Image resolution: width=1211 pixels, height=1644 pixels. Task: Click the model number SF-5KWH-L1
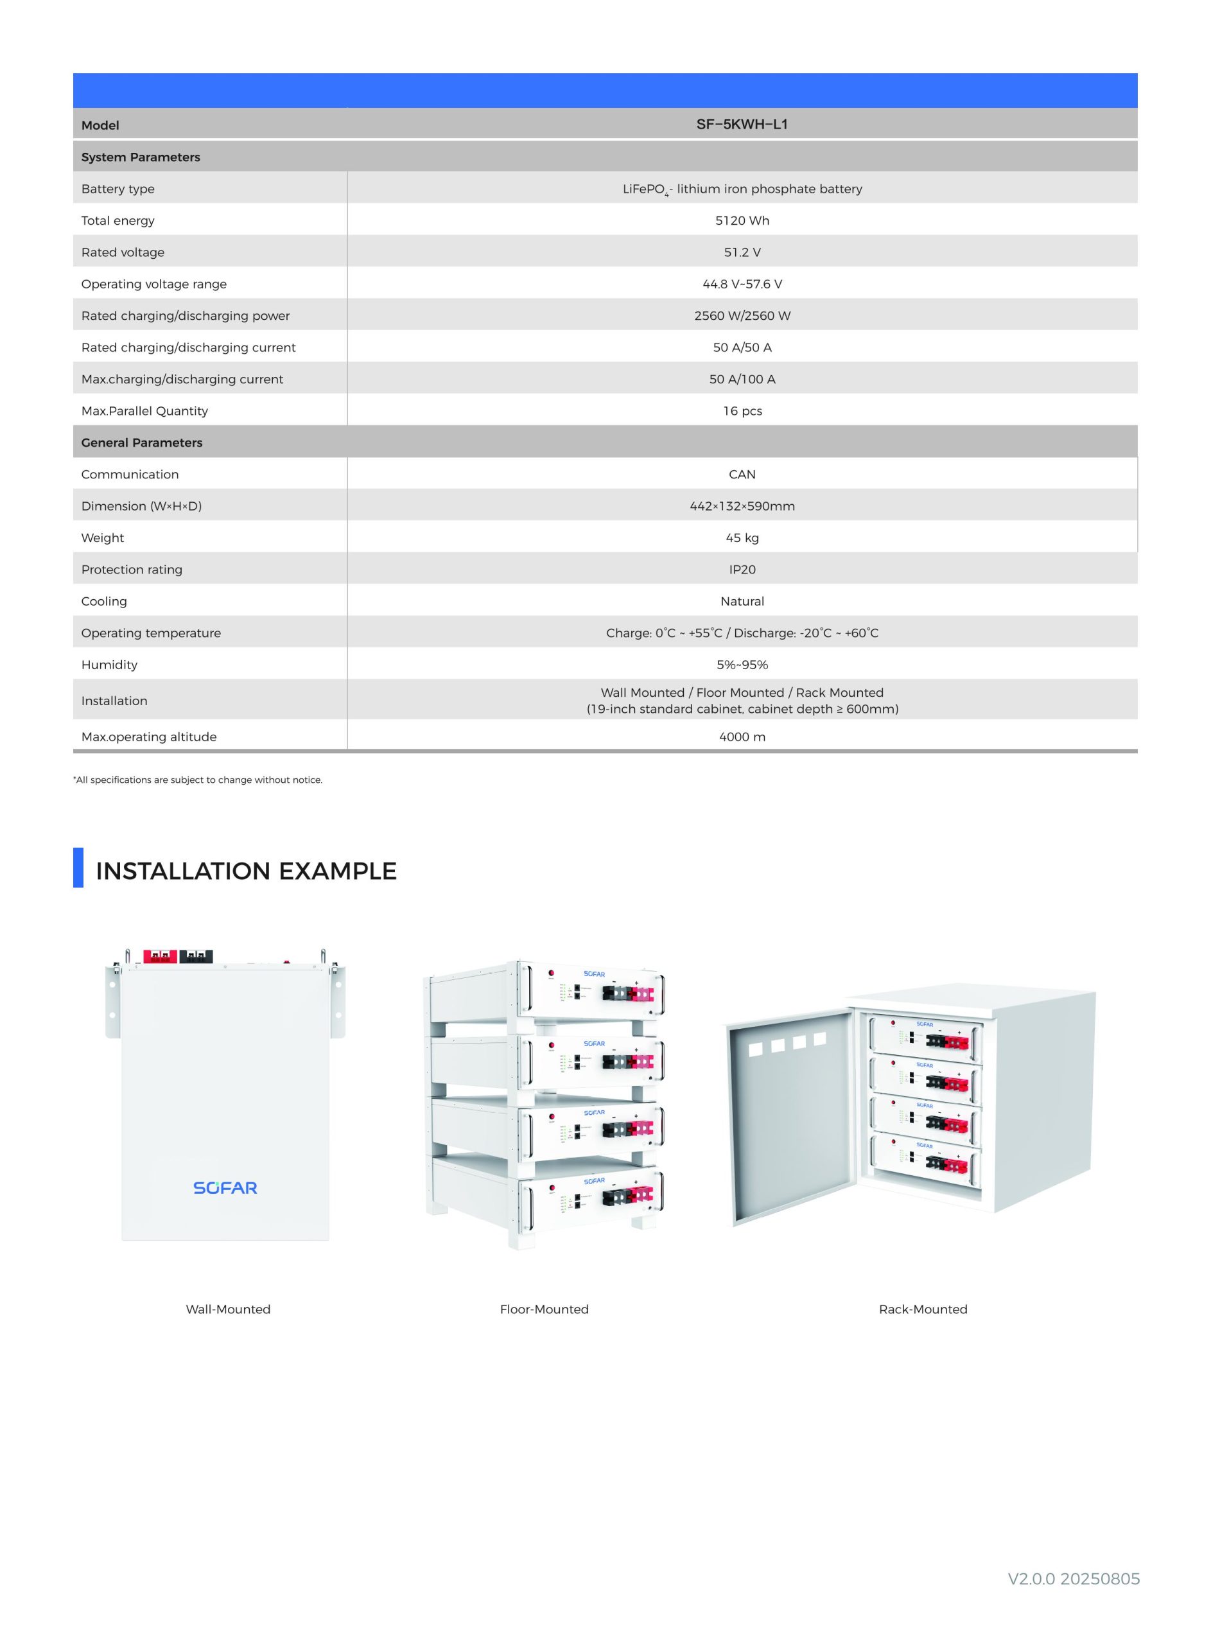(742, 125)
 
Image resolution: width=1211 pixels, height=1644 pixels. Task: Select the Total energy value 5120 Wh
(742, 221)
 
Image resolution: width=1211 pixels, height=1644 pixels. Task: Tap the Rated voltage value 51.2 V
(742, 252)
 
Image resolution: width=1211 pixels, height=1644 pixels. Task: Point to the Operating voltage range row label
(154, 284)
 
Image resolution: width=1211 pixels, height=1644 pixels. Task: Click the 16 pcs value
(742, 411)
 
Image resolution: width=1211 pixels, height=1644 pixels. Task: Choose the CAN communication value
(742, 474)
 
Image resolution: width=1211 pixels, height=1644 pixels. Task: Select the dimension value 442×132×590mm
(742, 507)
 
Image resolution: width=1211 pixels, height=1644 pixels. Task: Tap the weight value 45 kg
(742, 538)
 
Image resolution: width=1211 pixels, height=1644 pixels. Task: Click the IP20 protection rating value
(742, 570)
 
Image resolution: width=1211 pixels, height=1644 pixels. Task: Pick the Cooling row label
(104, 602)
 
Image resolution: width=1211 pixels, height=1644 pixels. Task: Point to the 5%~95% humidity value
(742, 665)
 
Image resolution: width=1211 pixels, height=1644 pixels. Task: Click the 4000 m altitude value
(742, 737)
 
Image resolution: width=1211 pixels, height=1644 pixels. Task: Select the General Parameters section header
(141, 442)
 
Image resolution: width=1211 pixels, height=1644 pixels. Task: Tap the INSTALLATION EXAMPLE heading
(247, 871)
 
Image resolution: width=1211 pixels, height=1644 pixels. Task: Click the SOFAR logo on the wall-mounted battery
(225, 1188)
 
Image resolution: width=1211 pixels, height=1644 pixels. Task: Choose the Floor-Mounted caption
(544, 1310)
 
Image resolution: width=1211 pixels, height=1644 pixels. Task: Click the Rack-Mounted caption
(923, 1310)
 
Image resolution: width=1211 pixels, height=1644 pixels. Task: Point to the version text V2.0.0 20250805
(1074, 1580)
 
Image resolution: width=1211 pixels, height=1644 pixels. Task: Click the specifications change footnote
(198, 780)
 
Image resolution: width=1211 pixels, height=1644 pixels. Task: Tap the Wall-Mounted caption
(228, 1310)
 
